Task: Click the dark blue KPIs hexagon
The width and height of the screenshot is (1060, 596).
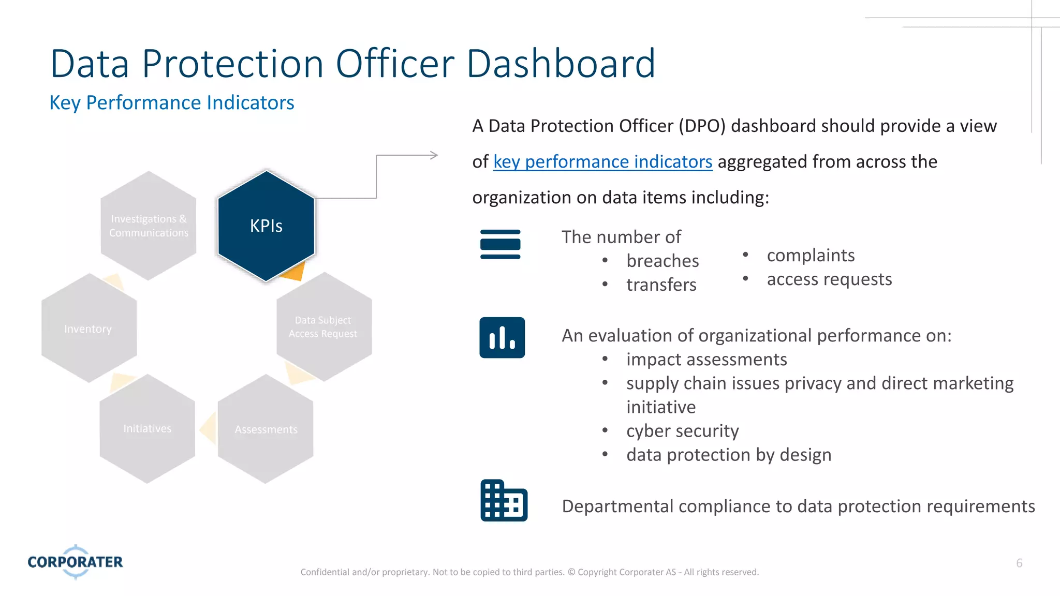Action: point(266,226)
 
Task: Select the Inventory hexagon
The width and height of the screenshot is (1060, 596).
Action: point(89,329)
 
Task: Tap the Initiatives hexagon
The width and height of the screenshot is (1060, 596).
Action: point(148,429)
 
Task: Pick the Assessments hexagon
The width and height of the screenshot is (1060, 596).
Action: point(266,429)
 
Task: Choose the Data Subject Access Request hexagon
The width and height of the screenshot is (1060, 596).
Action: point(324,327)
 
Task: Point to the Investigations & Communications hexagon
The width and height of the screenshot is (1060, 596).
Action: point(149,226)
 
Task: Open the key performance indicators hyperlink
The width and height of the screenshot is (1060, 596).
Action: point(602,162)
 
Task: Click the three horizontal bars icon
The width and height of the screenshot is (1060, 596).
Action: point(500,244)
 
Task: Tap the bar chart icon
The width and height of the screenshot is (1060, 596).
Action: point(502,338)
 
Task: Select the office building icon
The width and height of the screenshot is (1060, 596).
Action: point(504,501)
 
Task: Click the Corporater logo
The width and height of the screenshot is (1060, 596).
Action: point(76,562)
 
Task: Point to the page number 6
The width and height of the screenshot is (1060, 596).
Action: point(1019,563)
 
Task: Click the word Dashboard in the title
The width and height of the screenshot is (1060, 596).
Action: point(561,64)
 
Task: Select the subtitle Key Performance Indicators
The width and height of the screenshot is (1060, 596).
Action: point(172,103)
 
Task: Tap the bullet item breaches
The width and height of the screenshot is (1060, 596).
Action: point(662,261)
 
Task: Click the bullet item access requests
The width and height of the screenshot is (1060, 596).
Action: point(829,279)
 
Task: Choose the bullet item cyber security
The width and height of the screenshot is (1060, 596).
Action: point(682,431)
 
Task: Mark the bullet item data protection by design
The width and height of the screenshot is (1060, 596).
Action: point(729,455)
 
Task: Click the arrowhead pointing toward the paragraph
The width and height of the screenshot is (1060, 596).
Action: point(434,155)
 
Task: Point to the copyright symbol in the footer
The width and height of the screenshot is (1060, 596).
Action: point(571,572)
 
